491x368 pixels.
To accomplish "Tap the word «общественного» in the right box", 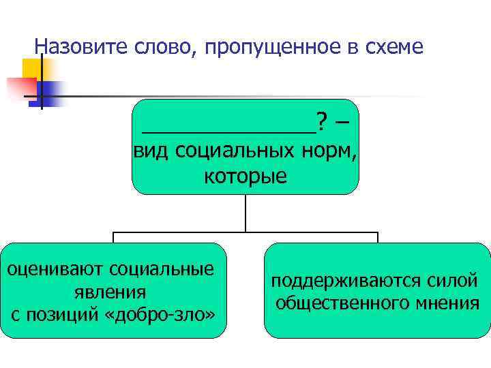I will pos(347,302).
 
